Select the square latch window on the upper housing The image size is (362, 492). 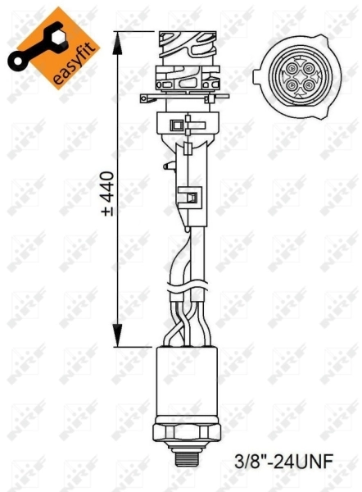[177, 125]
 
